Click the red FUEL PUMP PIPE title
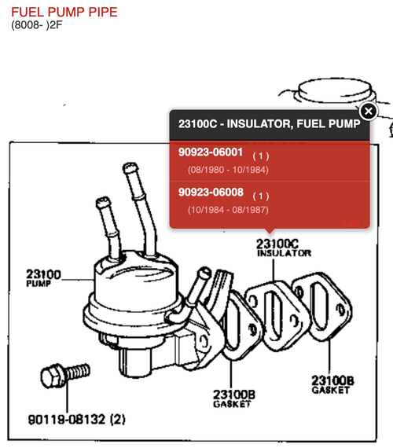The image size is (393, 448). click(x=64, y=13)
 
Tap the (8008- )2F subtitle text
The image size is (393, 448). click(x=37, y=25)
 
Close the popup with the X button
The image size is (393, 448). click(x=369, y=111)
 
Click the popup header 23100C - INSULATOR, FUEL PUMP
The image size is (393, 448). click(x=270, y=124)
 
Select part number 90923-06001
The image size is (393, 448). click(x=211, y=152)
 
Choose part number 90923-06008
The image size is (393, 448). click(x=211, y=192)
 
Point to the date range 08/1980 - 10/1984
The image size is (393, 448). click(x=228, y=170)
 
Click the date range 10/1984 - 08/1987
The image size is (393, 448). click(x=228, y=210)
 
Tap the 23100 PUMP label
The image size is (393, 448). click(x=43, y=278)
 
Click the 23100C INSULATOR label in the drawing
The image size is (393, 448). click(x=284, y=248)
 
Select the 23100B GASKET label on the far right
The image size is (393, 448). click(x=332, y=384)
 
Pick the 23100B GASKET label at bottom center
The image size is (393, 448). click(x=234, y=398)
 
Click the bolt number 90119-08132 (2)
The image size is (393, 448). click(x=76, y=420)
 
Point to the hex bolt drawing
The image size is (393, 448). click(x=65, y=375)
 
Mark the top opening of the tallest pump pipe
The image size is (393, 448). click(x=130, y=167)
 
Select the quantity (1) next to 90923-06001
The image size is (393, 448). click(x=261, y=156)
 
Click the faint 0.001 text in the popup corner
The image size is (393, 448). click(x=351, y=224)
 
